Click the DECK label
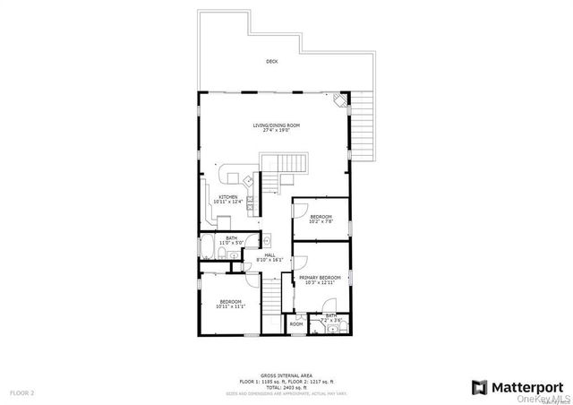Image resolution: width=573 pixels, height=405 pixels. (x=271, y=62)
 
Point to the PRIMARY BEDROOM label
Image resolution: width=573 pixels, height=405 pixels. (x=323, y=278)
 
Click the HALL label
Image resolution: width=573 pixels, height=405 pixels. (x=269, y=255)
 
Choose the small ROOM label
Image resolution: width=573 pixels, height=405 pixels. (x=296, y=324)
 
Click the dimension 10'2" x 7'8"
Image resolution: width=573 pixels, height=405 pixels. (x=321, y=221)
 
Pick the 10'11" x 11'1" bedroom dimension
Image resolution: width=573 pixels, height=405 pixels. (x=231, y=307)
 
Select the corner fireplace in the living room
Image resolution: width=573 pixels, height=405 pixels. (x=338, y=101)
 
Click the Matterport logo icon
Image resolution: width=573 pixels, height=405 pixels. (x=479, y=386)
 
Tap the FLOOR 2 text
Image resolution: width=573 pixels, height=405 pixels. (x=21, y=392)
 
